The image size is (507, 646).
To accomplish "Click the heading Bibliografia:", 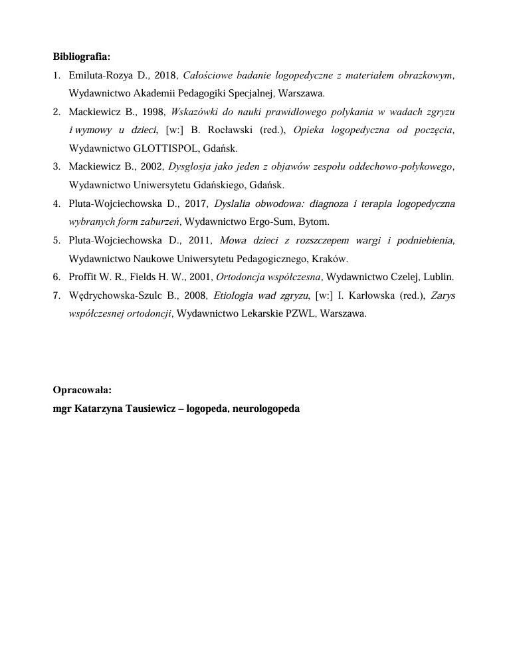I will [x=82, y=57].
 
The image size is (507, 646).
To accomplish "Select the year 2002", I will [x=152, y=166].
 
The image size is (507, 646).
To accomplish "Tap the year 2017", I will [x=194, y=203].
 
